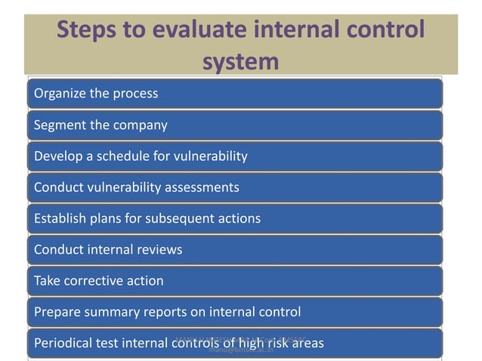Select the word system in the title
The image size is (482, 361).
click(240, 61)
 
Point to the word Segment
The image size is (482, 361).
click(60, 125)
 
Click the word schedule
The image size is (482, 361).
click(114, 156)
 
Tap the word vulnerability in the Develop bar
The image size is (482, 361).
click(209, 156)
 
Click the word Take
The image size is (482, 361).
click(46, 281)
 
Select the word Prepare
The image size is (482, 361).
click(57, 312)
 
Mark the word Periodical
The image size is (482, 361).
click(64, 344)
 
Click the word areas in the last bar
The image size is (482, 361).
click(307, 344)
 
